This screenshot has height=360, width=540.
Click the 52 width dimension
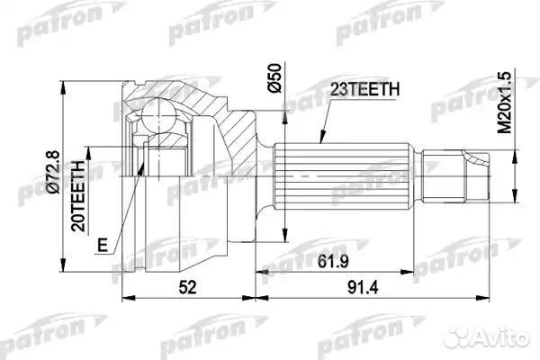coord(186,289)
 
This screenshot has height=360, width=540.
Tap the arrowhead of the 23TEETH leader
coord(321,144)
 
